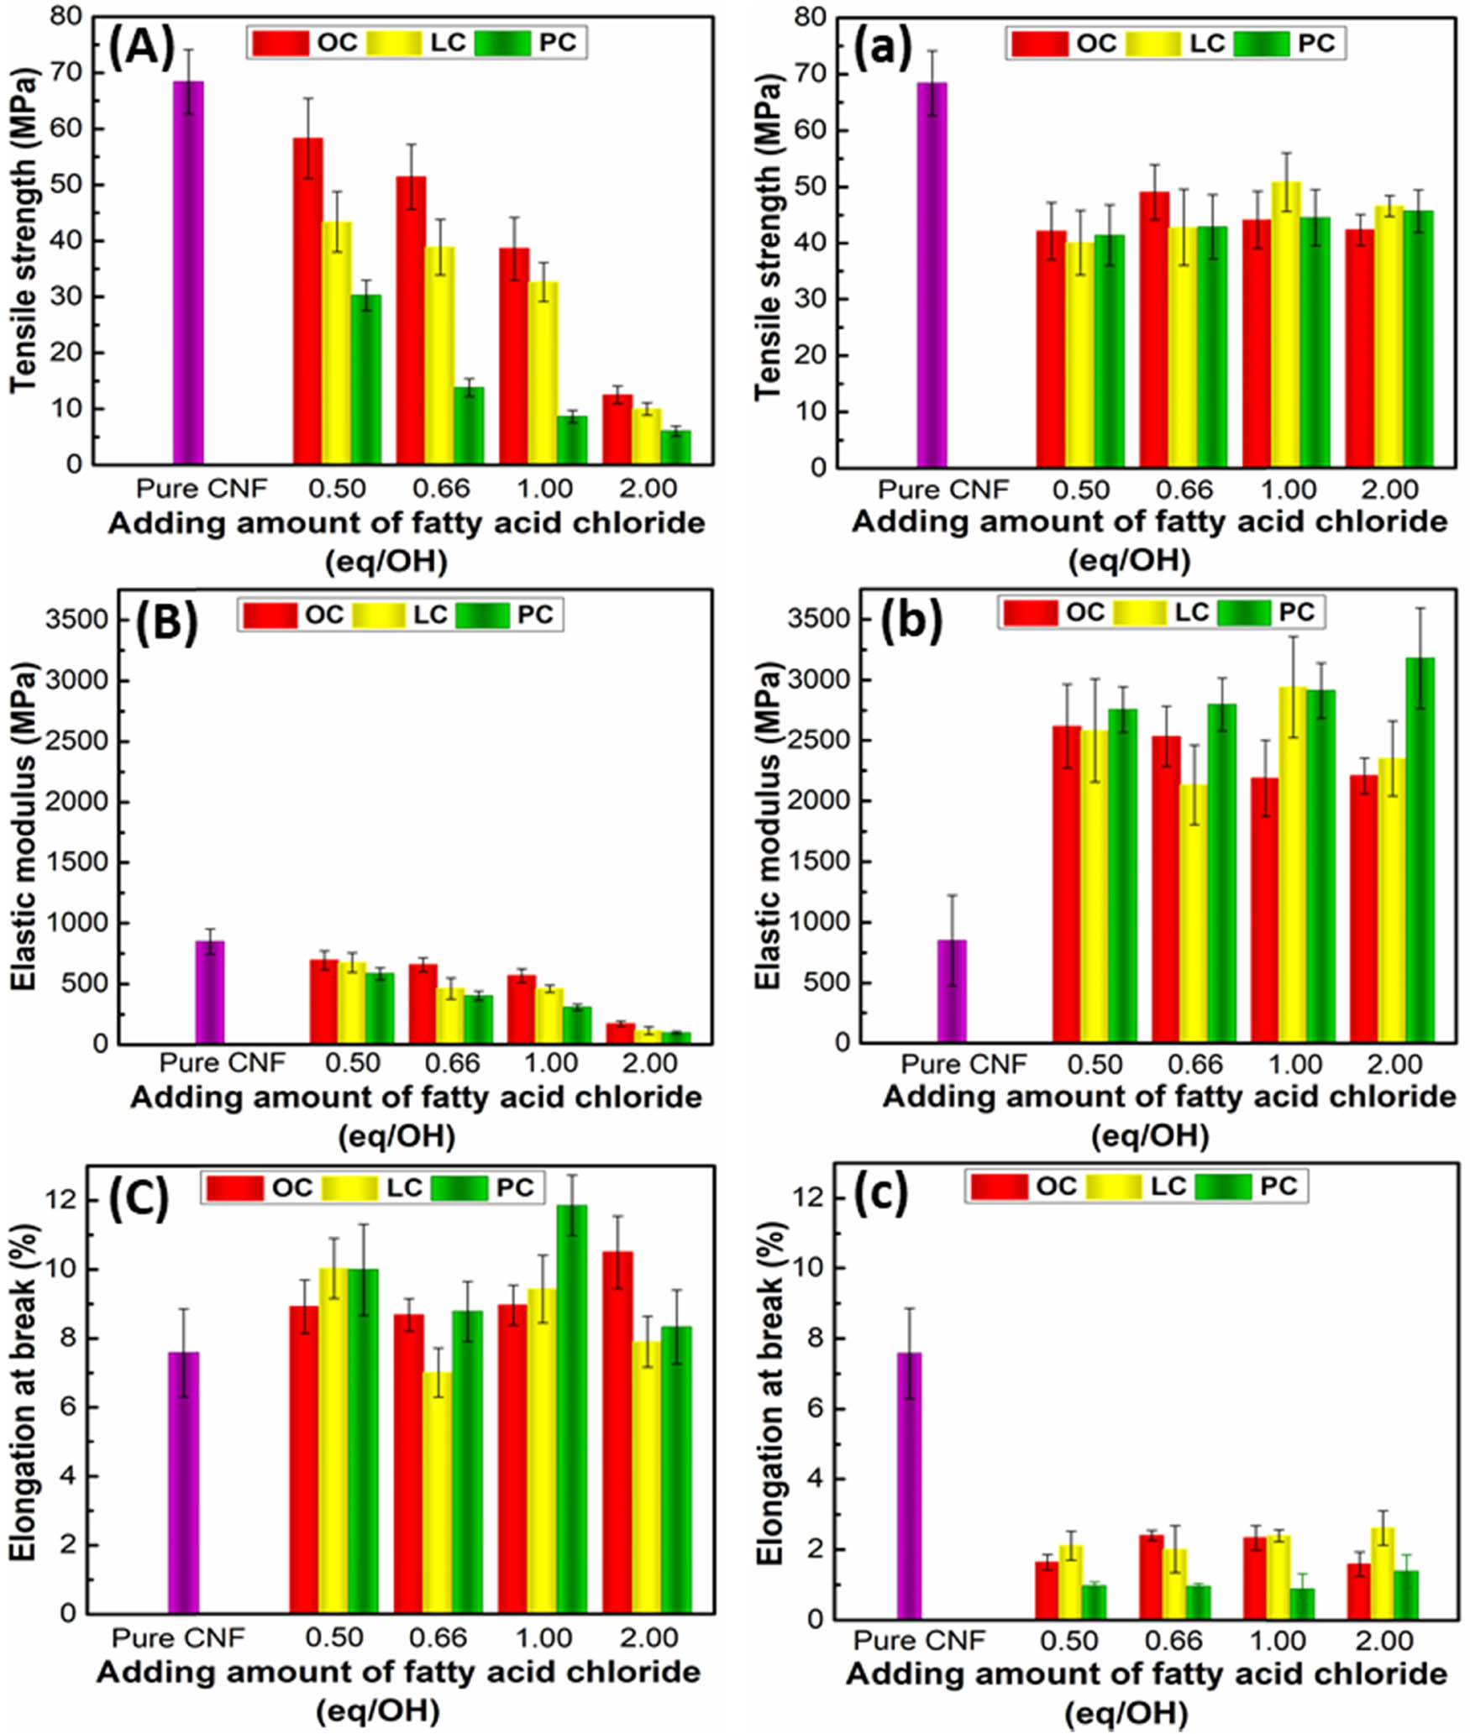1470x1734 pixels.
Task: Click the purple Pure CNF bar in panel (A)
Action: pos(188,273)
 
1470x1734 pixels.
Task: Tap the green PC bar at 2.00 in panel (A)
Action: pos(675,447)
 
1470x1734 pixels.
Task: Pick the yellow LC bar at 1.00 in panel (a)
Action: pos(1285,324)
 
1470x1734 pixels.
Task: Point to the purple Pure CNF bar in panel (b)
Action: pos(952,991)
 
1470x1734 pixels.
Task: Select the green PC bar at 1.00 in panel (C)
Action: pos(572,1410)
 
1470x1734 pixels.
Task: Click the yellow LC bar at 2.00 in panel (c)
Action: pos(1382,1574)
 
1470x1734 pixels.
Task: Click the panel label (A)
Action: pos(141,47)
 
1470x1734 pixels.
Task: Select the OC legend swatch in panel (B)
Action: pos(270,616)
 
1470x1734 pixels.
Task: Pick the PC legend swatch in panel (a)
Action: pos(1261,44)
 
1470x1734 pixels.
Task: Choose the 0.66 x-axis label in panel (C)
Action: pos(438,1637)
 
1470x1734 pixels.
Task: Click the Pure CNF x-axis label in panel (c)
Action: pos(919,1640)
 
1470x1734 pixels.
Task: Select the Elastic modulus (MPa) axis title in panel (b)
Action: pos(768,827)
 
